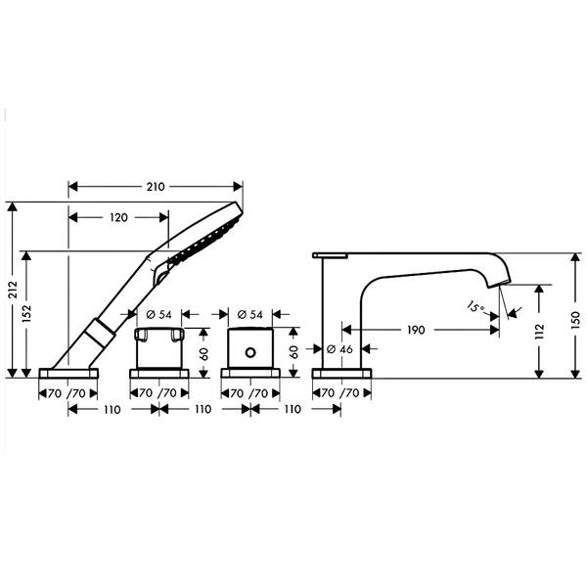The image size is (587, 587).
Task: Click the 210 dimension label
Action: [156, 187]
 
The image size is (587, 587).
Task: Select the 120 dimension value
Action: [118, 217]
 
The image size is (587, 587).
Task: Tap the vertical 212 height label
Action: [13, 290]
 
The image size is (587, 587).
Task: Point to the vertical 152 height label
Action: [26, 314]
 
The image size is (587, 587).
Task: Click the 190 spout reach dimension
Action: [416, 330]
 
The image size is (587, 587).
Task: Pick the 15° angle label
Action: [475, 307]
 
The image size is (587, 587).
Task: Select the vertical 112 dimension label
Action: [539, 332]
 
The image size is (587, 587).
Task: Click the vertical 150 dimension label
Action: [576, 320]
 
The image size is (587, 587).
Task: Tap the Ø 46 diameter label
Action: [339, 349]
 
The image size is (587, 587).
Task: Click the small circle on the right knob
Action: [250, 352]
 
